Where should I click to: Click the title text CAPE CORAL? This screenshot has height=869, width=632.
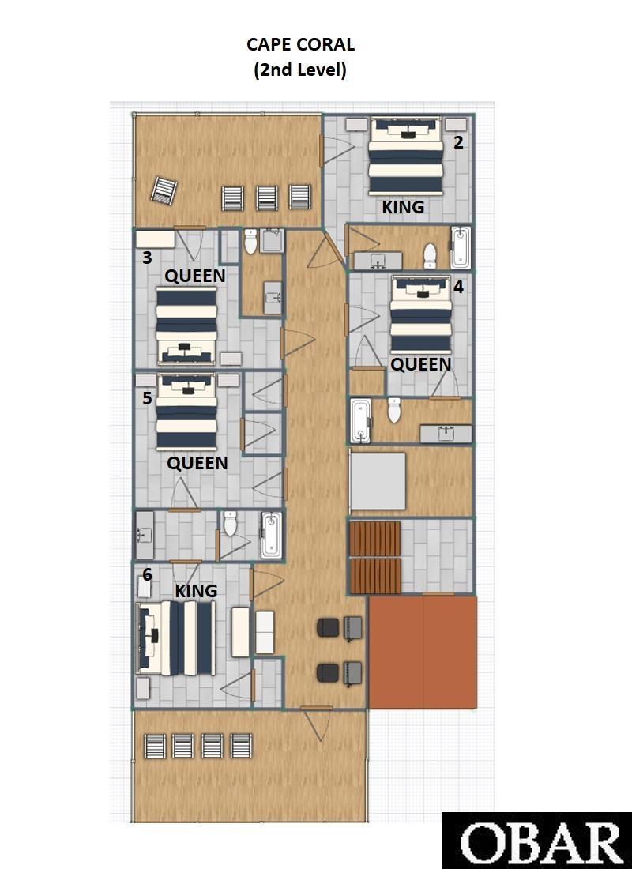pos(300,44)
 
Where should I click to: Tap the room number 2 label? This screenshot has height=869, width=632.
pos(458,142)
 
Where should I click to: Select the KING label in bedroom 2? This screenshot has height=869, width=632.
pos(403,207)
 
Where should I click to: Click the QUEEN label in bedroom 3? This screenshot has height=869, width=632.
pos(195,276)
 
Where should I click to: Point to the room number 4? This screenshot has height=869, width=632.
pos(458,287)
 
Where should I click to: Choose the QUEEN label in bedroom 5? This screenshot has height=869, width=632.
pos(197,463)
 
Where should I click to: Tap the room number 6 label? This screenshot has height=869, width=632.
pos(147,574)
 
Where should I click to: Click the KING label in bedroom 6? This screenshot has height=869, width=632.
pos(196,591)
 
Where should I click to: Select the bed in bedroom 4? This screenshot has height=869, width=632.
pos(421,314)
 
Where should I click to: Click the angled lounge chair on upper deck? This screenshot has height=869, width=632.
pos(164,190)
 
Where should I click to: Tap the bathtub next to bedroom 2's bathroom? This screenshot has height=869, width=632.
pos(460,247)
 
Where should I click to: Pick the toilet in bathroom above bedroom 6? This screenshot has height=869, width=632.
pos(230,523)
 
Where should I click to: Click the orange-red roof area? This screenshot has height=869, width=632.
pos(423,652)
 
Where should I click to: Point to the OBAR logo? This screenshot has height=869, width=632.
pos(537,841)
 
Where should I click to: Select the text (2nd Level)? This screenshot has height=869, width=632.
pos(300,70)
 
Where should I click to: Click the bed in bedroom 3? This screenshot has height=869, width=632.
pos(186,325)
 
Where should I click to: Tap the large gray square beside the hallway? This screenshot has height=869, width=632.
pos(378,482)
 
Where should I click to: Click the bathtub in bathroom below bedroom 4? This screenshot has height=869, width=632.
pos(360,421)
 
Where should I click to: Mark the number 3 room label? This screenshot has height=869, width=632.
pos(147,258)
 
